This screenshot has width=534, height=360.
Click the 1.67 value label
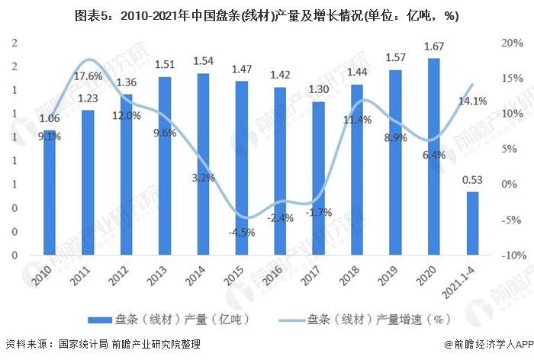pyautogui.click(x=433, y=47)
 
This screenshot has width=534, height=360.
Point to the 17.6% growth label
pyautogui.click(x=89, y=76)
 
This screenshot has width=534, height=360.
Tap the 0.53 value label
pyautogui.click(x=472, y=181)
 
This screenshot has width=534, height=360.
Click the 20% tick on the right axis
pyautogui.click(x=512, y=43)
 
